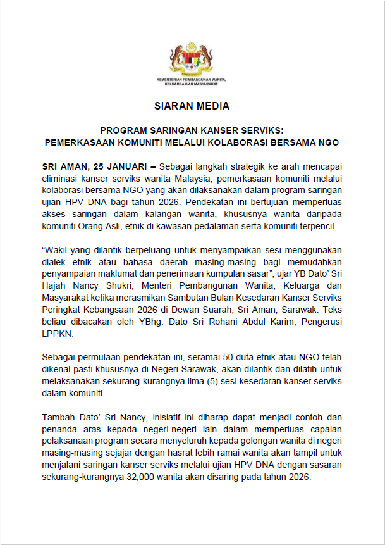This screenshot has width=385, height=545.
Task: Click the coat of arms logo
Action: [192, 61]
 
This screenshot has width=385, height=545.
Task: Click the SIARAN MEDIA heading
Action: [192, 106]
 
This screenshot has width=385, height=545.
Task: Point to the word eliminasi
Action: [61, 179]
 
